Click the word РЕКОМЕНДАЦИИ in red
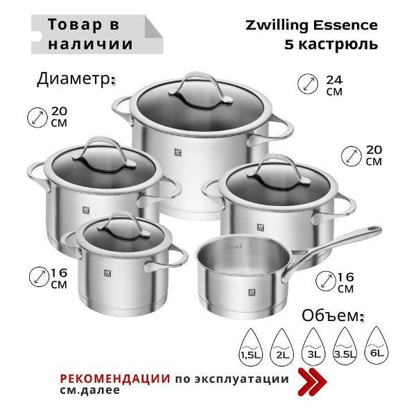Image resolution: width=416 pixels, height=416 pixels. pos(115,379)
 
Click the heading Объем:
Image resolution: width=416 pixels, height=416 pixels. pos(332,315)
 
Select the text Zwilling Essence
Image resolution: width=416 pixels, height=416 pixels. pos(312,26)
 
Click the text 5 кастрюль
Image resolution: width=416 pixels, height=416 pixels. pos(331,44)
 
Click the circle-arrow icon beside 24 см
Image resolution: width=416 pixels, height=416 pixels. pos(306,85)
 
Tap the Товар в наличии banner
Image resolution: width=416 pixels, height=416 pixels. pos(90,34)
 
